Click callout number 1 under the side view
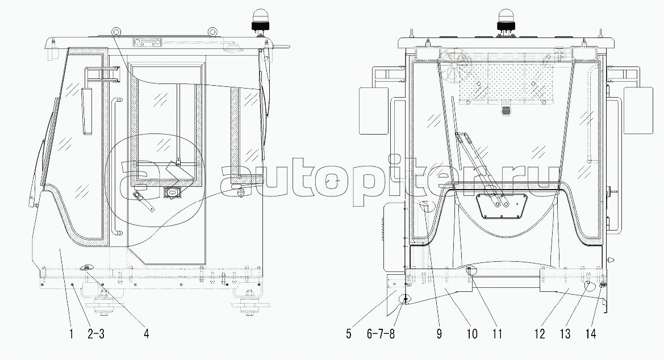click(71, 334)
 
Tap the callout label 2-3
click(96, 334)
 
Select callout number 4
click(146, 334)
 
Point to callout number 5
click(349, 334)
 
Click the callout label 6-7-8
click(381, 334)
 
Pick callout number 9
click(439, 334)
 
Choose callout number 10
click(472, 334)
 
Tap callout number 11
click(498, 334)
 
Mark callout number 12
click(540, 334)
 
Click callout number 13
click(565, 334)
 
